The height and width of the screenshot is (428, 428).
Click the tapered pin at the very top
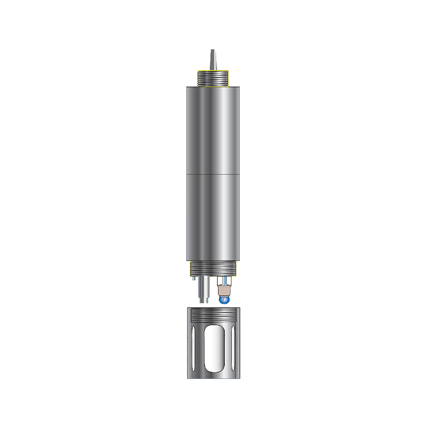212,58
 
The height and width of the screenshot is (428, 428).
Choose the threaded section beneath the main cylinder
212,268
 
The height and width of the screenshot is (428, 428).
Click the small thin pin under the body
193,279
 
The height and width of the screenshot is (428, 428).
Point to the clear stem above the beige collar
224,282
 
